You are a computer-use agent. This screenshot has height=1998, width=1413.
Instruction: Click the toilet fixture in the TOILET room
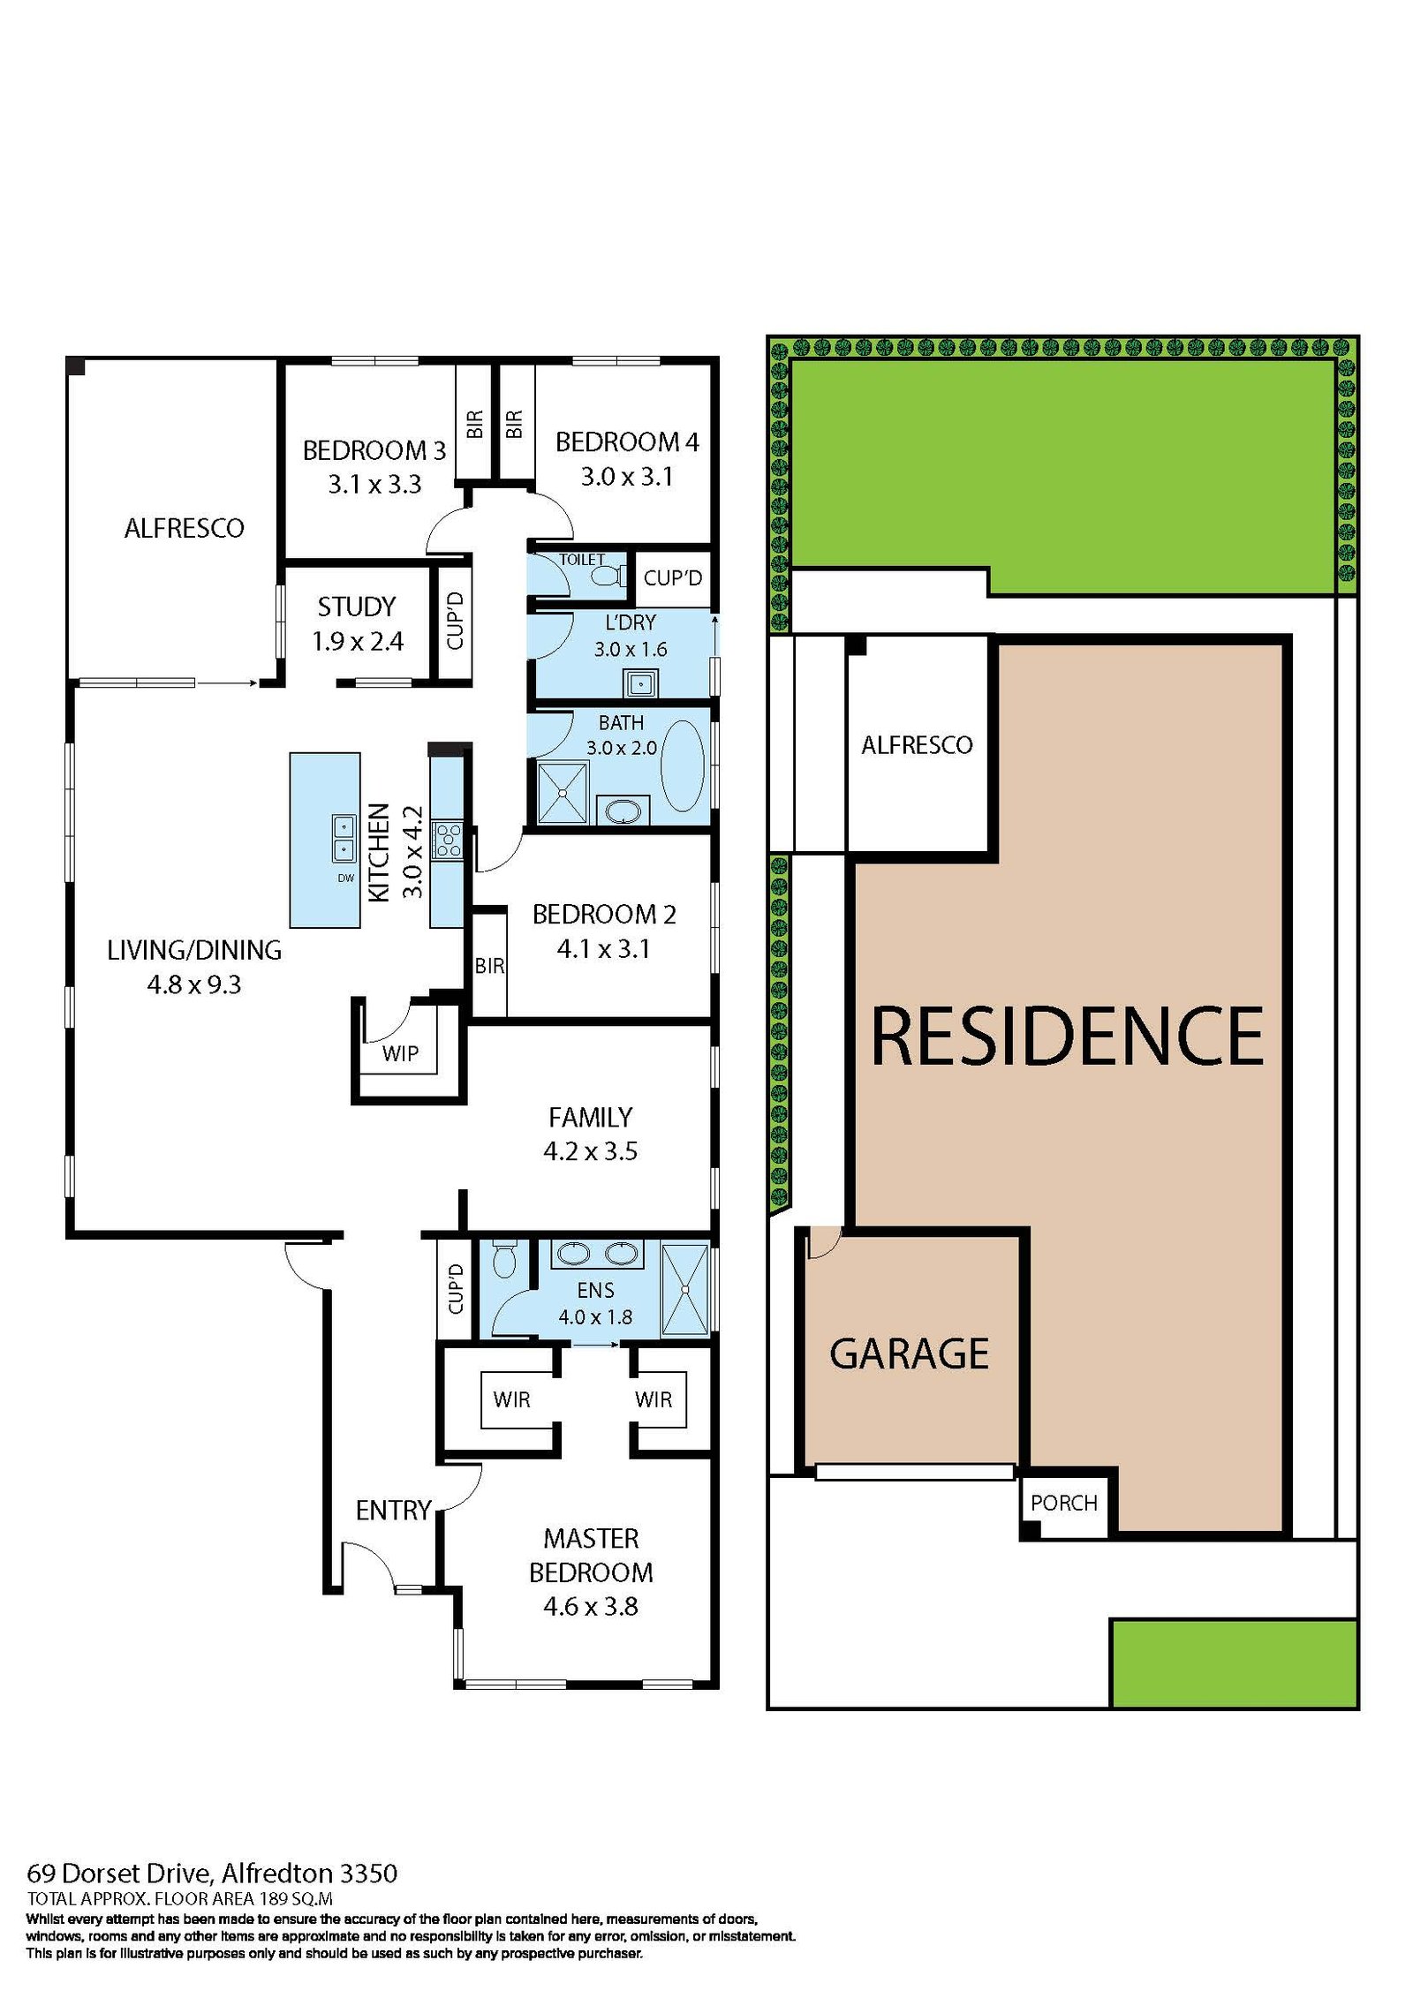point(607,576)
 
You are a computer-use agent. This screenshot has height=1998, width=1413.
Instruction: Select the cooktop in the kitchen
point(447,840)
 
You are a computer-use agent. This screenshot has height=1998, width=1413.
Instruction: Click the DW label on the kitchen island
point(345,878)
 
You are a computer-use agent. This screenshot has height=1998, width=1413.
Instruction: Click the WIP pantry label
point(400,1052)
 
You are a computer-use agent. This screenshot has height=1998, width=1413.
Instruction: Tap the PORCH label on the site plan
point(1063,1503)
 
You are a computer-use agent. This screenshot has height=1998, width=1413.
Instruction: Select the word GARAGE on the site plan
point(909,1353)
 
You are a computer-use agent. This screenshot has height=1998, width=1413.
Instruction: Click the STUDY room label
point(357,607)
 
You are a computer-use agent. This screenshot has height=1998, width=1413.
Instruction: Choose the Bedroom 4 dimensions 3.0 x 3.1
point(626,477)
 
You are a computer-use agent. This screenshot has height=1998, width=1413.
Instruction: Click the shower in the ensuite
point(684,1289)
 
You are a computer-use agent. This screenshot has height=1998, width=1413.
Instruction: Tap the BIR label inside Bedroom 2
point(489,966)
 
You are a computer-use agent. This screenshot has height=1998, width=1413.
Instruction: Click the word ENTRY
point(393,1511)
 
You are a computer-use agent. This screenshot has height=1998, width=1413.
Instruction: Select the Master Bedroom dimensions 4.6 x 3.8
point(590,1606)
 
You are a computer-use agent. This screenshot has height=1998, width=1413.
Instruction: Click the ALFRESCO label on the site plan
point(917,745)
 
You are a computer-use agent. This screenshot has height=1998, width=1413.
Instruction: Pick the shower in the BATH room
point(563,793)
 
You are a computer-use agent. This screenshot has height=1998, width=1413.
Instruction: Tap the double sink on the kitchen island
point(343,838)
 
